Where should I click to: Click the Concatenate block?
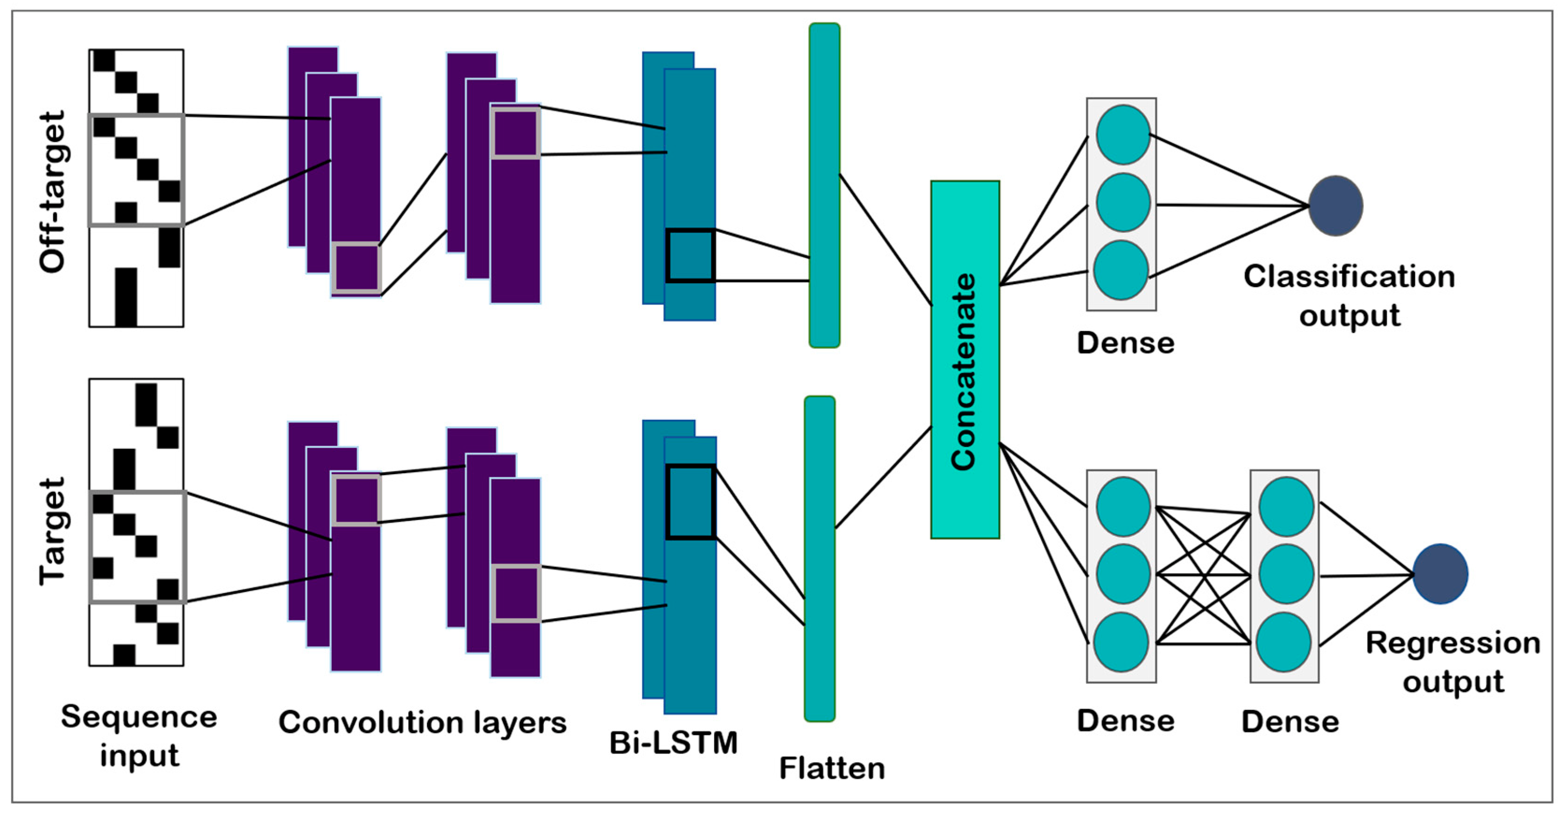point(965,360)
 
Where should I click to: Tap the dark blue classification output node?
point(1335,206)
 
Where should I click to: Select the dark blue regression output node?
point(1440,574)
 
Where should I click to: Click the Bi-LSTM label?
point(673,743)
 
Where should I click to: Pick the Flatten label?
point(832,769)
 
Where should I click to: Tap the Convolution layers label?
point(422,722)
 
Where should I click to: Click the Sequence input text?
point(139,736)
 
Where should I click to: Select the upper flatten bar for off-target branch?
point(824,185)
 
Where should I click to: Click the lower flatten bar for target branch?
point(819,558)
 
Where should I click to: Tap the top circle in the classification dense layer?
point(1122,135)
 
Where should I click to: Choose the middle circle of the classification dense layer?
point(1122,202)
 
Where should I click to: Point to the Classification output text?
point(1349,295)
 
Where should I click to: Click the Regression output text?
point(1453,662)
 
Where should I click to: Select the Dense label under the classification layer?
point(1126,343)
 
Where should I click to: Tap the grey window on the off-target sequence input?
point(136,171)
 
